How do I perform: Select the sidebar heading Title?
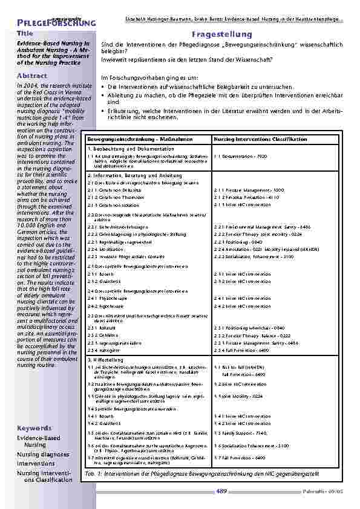click(25, 33)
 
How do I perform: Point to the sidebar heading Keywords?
click(35, 427)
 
